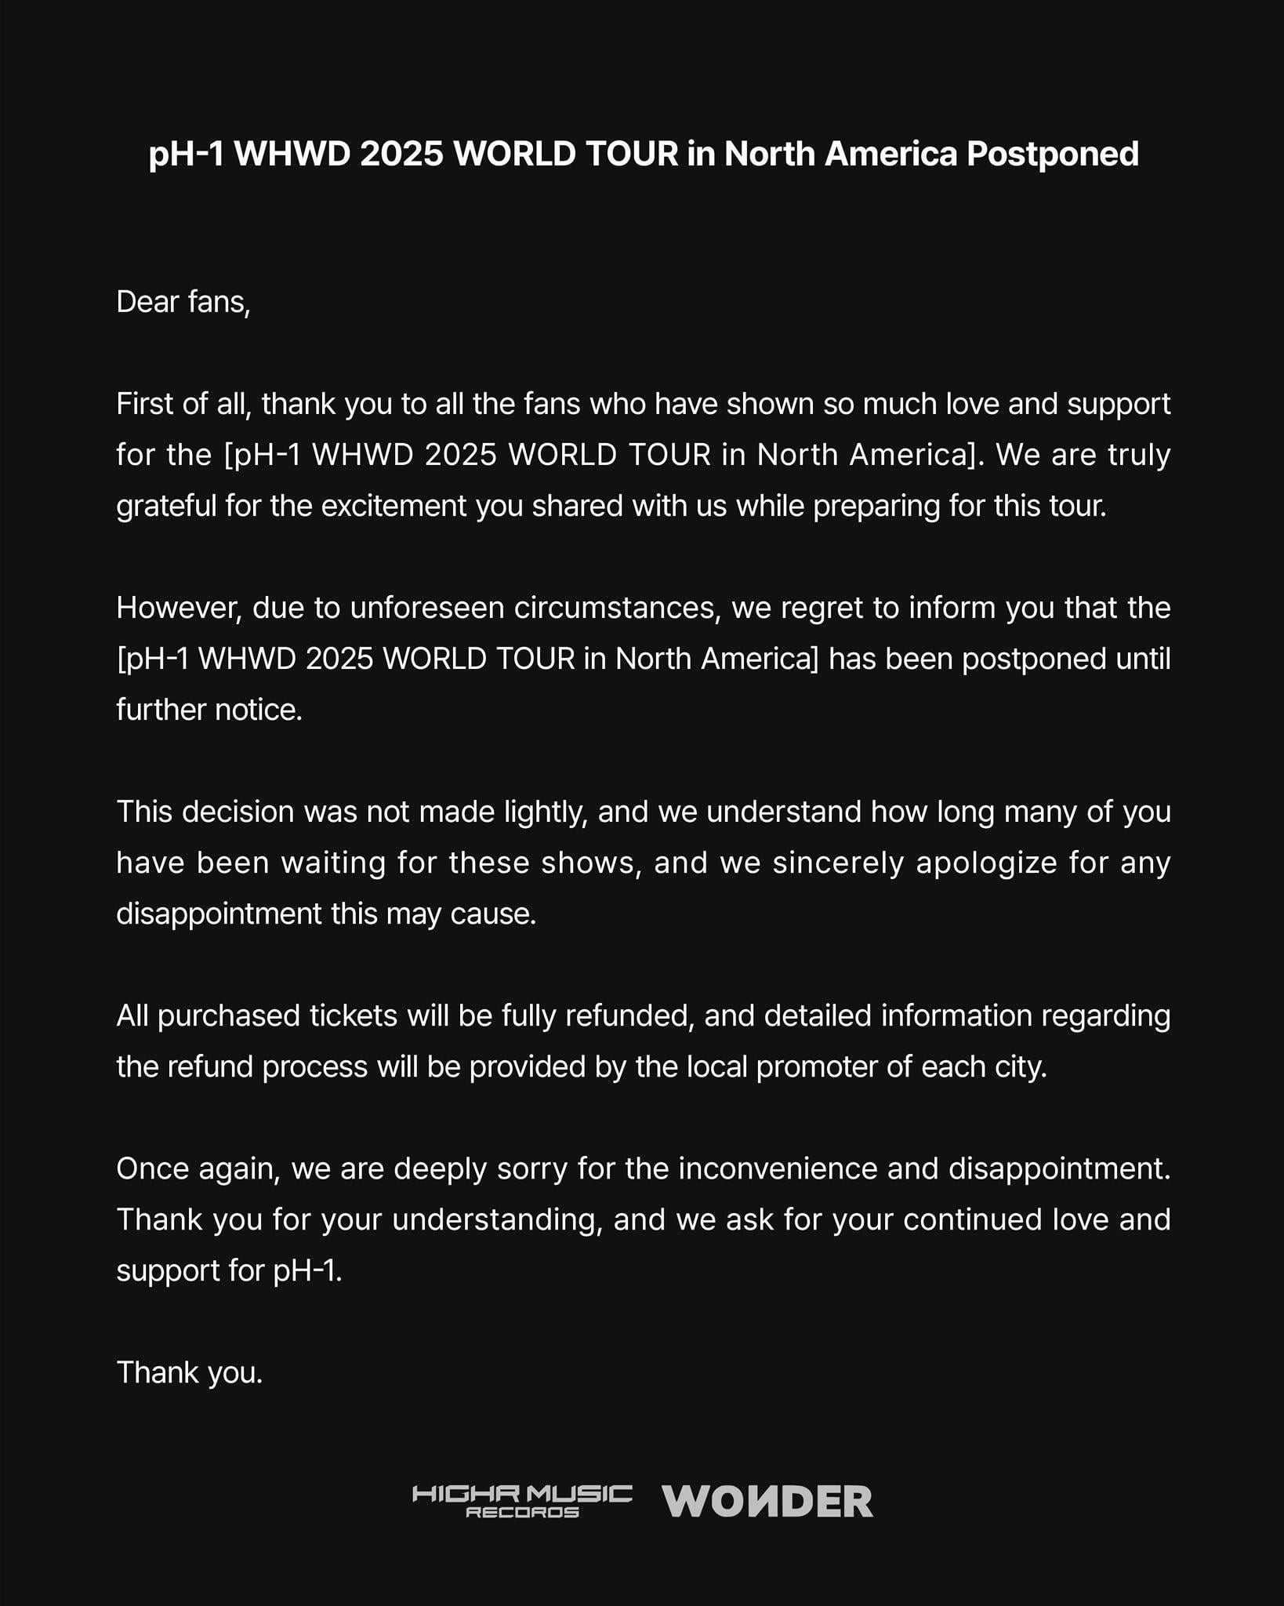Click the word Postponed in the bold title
(x=1052, y=154)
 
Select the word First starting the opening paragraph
(x=144, y=404)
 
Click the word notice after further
(x=258, y=710)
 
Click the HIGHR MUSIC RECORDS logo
(x=522, y=1500)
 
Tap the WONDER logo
(x=767, y=1502)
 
